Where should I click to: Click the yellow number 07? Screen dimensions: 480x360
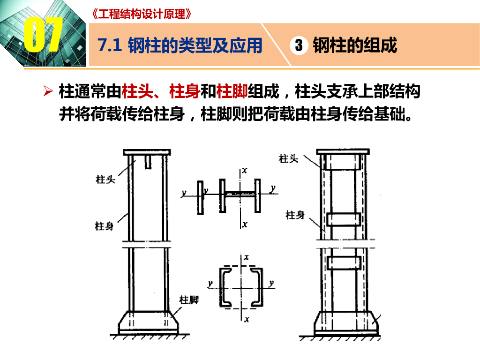(x=43, y=34)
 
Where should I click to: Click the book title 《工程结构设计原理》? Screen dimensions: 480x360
(x=142, y=14)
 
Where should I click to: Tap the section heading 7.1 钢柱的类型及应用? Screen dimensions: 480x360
(x=180, y=45)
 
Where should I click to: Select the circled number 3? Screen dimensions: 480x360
(x=299, y=45)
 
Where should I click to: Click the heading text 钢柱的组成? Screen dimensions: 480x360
(x=355, y=45)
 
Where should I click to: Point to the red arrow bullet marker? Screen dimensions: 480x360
(x=48, y=91)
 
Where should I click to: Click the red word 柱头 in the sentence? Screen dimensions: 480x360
(x=137, y=91)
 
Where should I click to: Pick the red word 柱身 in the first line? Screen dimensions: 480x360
(x=185, y=91)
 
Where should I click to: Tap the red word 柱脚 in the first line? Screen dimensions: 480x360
(x=232, y=91)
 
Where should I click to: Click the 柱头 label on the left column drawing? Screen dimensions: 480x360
(x=105, y=179)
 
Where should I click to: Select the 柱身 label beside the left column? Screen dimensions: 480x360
(x=104, y=226)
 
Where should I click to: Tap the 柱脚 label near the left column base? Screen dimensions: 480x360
(x=189, y=300)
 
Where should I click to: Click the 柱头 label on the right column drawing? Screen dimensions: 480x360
(x=288, y=158)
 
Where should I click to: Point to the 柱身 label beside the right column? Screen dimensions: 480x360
(x=295, y=215)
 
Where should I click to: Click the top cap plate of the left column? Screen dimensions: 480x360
(x=147, y=152)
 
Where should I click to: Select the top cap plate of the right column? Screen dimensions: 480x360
(x=343, y=151)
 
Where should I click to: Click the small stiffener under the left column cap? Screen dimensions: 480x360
(x=148, y=162)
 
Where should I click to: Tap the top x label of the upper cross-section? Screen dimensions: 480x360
(x=244, y=170)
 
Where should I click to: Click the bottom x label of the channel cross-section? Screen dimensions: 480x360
(x=247, y=319)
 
